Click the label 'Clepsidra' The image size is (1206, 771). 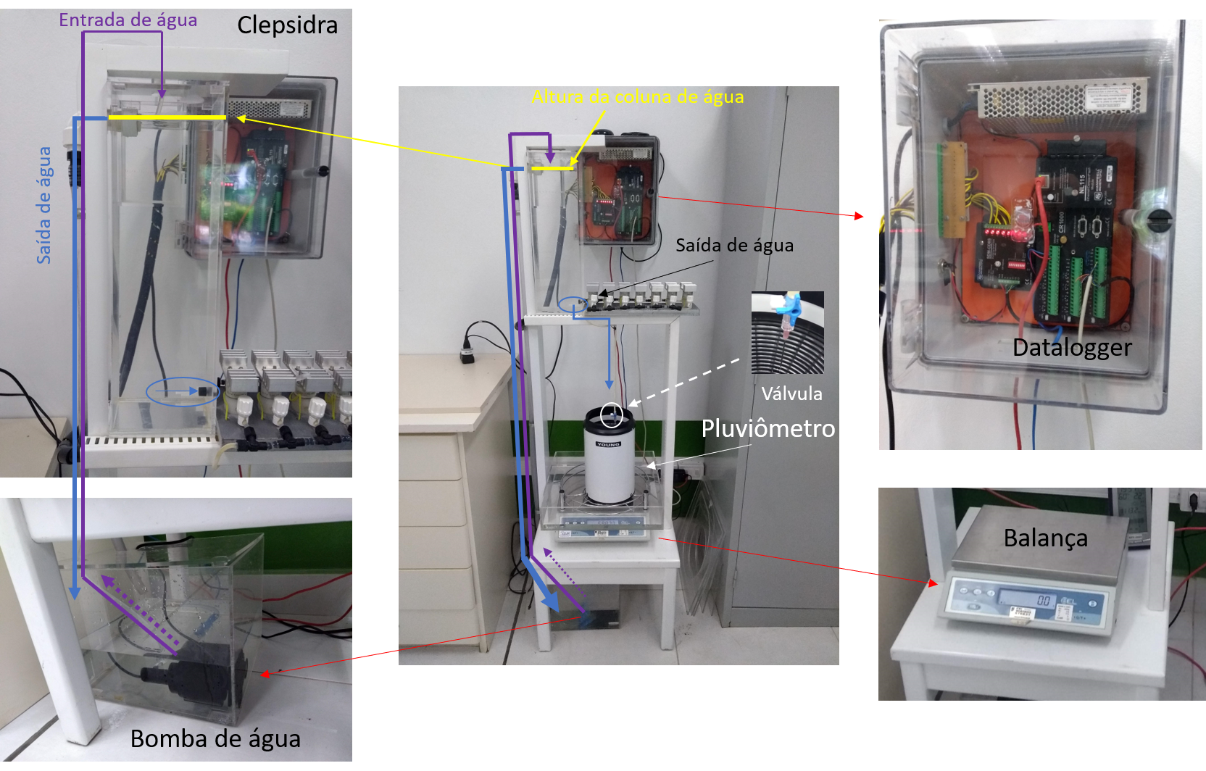[x=287, y=25]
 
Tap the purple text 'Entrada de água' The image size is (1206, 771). [x=128, y=20]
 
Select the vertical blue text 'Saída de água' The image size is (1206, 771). [x=44, y=205]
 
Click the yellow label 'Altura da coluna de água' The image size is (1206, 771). [x=638, y=97]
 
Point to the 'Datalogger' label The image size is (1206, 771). [x=1072, y=348]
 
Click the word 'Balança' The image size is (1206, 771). [x=1045, y=538]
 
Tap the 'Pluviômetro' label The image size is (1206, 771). [x=768, y=428]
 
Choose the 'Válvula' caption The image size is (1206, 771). [x=791, y=393]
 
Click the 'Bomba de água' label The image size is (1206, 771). [x=215, y=738]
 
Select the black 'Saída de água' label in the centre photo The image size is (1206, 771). [x=734, y=246]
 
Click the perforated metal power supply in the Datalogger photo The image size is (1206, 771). [x=1062, y=97]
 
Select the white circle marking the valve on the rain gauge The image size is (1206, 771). [x=612, y=414]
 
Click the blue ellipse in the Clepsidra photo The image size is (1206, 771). [x=182, y=391]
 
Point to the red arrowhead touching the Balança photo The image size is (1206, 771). [x=932, y=582]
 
